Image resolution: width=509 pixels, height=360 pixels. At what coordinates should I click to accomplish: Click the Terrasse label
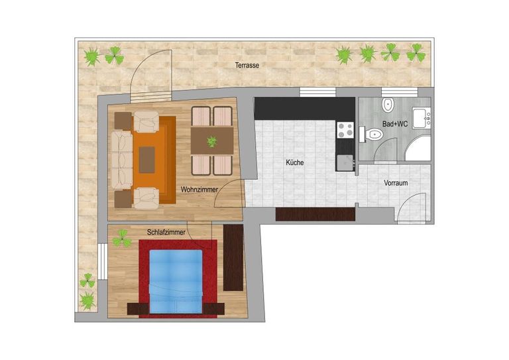point(247,65)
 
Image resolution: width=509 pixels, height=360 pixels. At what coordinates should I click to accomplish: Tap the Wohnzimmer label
point(199,189)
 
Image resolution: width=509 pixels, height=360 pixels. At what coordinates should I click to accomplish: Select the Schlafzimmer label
point(166,233)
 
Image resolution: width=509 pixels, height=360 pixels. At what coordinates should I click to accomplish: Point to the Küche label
point(295,162)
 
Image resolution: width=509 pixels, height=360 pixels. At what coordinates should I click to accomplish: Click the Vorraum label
point(396,183)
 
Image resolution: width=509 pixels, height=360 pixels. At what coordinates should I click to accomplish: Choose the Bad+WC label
point(395,124)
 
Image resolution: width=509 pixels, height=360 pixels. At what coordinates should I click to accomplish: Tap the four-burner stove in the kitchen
point(345,130)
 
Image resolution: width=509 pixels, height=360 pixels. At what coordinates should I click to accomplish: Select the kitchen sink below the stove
point(345,162)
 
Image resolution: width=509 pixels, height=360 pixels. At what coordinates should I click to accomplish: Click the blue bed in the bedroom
point(176,282)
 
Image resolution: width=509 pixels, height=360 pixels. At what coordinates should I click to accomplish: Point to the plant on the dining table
point(212,141)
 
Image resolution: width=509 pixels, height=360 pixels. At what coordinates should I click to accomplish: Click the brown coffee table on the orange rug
point(146,160)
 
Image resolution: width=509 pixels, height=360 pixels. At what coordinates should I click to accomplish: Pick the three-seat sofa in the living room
point(122,159)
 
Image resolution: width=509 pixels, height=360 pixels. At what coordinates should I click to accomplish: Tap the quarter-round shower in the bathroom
point(418,148)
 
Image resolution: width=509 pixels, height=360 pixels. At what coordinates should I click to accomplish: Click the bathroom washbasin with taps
point(422,118)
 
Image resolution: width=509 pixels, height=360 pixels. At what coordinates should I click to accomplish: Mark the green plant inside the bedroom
point(122,239)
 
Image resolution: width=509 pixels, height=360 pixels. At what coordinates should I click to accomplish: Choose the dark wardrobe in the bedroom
point(233,257)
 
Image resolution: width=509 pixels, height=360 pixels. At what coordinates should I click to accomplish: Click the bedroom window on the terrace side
point(103,261)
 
